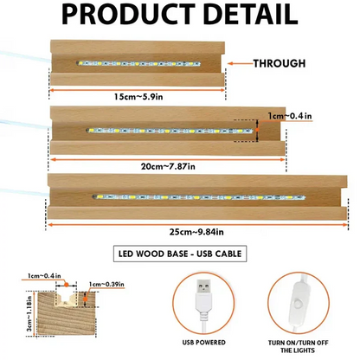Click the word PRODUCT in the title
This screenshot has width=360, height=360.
pos(128,14)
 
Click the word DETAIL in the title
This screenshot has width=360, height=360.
pos(251,14)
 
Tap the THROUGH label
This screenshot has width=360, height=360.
pos(280,63)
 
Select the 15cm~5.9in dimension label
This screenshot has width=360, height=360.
pos(138,97)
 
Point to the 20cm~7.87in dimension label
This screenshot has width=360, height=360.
pos(168,166)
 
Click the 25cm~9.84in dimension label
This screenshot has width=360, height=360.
pos(196,232)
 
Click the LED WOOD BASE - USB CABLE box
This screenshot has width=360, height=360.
pos(180,254)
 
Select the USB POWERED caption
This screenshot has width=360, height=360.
pos(203,343)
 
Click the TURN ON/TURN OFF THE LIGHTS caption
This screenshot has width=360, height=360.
pos(299,346)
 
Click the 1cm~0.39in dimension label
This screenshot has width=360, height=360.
pos(106,284)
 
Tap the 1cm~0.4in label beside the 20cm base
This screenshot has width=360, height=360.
pos(290,116)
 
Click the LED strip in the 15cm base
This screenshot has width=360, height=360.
pos(138,63)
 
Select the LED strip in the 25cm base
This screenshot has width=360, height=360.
pos(199,197)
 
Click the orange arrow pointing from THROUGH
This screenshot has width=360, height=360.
pos(241,63)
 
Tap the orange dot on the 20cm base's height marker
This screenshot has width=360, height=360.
pos(257,131)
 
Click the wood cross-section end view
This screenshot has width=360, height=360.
pos(66,313)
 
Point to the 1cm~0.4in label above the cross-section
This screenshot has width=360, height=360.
pos(44,276)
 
